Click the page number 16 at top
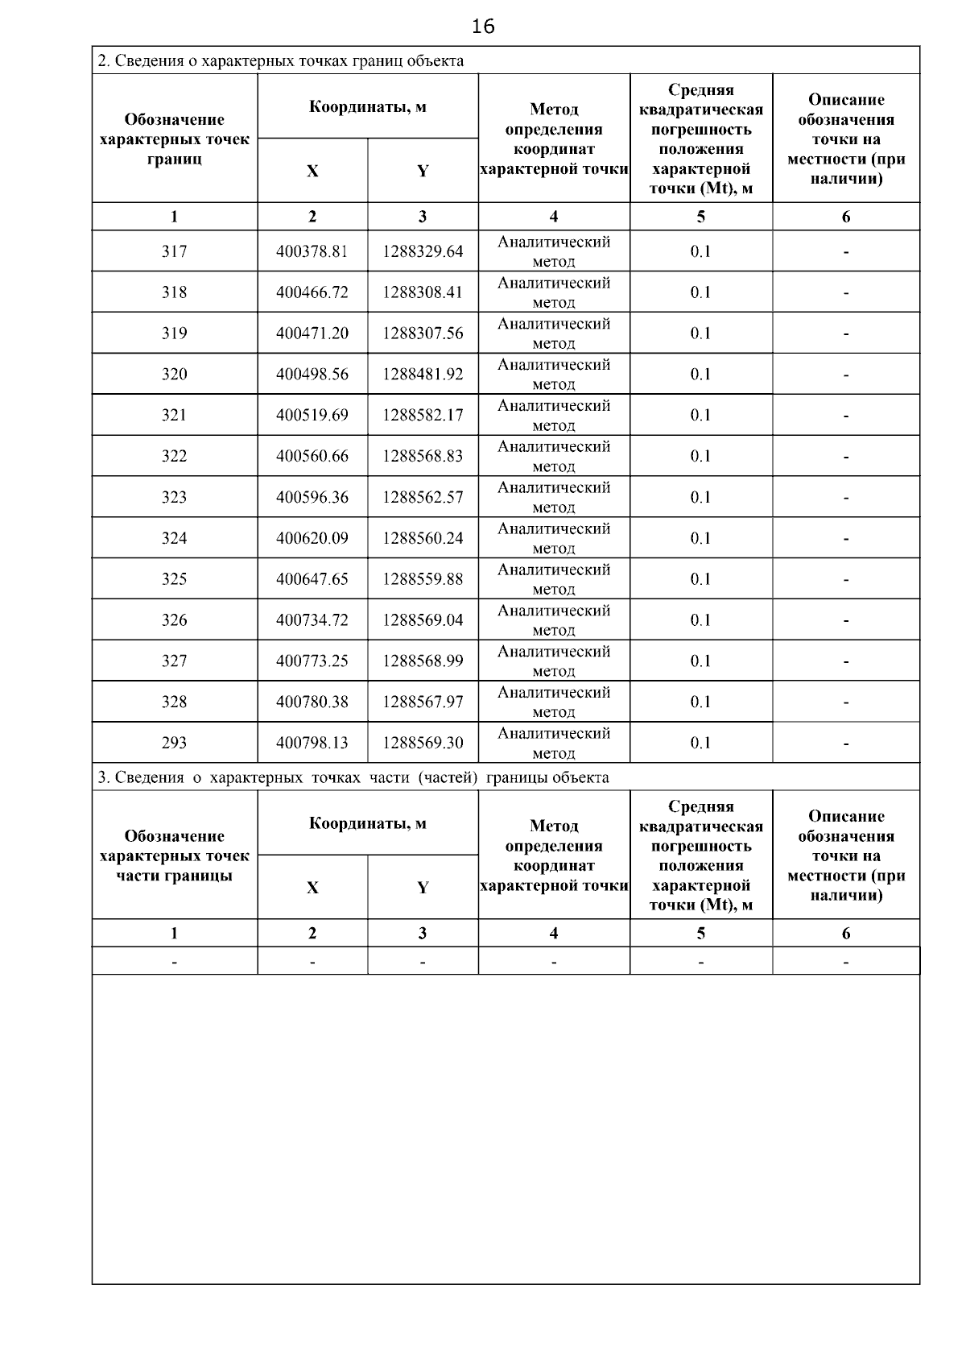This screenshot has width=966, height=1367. click(483, 27)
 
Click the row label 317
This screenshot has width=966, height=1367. click(174, 251)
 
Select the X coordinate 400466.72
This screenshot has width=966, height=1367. click(312, 292)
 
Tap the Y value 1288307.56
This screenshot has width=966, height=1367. click(423, 333)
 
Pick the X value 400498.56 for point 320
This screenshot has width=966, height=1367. click(312, 375)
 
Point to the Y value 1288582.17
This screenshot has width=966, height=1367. click(423, 416)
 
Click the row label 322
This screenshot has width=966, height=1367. click(174, 456)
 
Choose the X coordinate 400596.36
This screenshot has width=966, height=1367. click(312, 497)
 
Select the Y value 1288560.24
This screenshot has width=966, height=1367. click(423, 538)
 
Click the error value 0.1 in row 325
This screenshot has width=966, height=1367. click(700, 579)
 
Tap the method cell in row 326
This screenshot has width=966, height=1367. click(554, 620)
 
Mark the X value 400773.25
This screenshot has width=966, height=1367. click(312, 661)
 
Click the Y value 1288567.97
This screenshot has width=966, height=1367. click(423, 702)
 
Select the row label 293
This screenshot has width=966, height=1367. click(174, 743)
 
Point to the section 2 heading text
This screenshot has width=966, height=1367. click(280, 60)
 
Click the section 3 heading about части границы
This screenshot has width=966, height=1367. click(353, 777)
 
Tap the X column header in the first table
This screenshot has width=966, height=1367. click(312, 171)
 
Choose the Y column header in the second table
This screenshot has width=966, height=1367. click(423, 888)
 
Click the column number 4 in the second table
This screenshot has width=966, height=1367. click(554, 934)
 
